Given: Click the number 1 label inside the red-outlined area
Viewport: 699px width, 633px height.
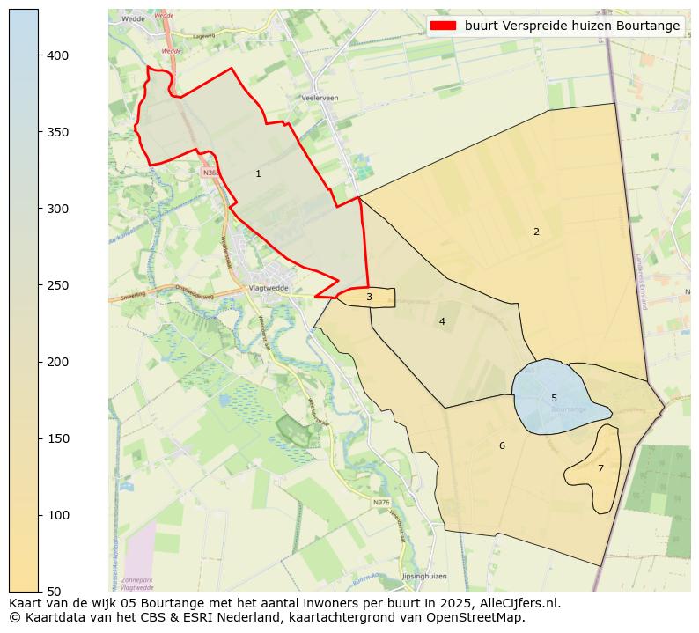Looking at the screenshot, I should [258, 173].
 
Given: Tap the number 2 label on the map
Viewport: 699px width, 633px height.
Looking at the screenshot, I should [535, 232].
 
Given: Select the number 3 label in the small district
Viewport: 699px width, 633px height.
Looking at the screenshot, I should [369, 298].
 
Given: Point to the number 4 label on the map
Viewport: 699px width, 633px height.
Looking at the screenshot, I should [442, 321].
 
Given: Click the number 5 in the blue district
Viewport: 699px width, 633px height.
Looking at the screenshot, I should [554, 398].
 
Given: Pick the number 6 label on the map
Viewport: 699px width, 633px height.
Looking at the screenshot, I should [502, 445].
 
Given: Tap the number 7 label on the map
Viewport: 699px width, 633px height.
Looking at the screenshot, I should [600, 468].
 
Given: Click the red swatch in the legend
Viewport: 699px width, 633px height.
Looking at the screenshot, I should [444, 26].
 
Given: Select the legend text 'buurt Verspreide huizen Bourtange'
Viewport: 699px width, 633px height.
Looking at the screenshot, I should [572, 26].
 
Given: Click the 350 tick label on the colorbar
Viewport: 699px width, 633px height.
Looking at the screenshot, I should [58, 132].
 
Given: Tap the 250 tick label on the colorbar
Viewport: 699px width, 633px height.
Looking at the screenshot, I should [58, 285].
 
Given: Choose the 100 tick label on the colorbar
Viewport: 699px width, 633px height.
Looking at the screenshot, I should [58, 515].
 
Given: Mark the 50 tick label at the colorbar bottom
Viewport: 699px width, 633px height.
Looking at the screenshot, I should [55, 592].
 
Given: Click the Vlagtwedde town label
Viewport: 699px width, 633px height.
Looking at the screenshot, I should [269, 288].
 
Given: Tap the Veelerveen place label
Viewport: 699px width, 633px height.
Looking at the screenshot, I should [320, 98].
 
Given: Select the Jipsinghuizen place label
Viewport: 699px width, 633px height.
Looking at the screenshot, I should [424, 576].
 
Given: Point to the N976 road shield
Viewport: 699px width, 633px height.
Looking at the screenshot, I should [380, 503].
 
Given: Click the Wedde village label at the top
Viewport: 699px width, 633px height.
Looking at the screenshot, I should [134, 18].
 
